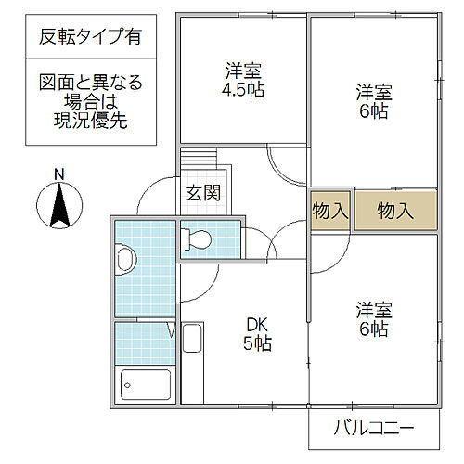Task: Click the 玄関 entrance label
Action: point(201,194)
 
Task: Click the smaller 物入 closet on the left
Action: point(329,211)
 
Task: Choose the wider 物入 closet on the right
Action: point(395,211)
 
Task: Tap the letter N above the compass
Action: point(58,173)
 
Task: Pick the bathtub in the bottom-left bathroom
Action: point(146,383)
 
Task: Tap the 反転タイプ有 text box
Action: point(91,38)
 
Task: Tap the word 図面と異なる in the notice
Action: point(91,84)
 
